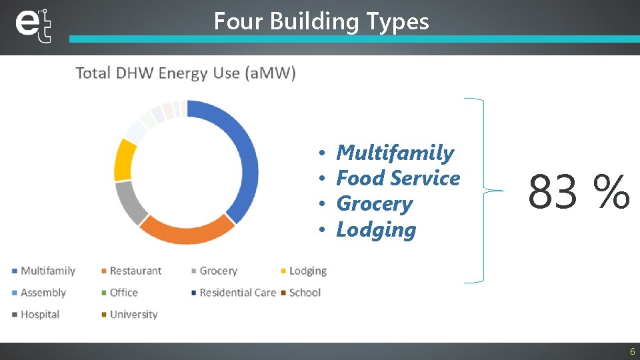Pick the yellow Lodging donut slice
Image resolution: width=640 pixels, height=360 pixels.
(x=125, y=160)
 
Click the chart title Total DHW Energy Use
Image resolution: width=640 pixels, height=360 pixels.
(x=186, y=73)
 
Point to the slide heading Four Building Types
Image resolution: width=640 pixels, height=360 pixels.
(x=321, y=21)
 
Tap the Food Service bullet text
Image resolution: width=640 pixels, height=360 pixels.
(x=398, y=179)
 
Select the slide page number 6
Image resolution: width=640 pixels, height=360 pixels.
(x=632, y=351)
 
